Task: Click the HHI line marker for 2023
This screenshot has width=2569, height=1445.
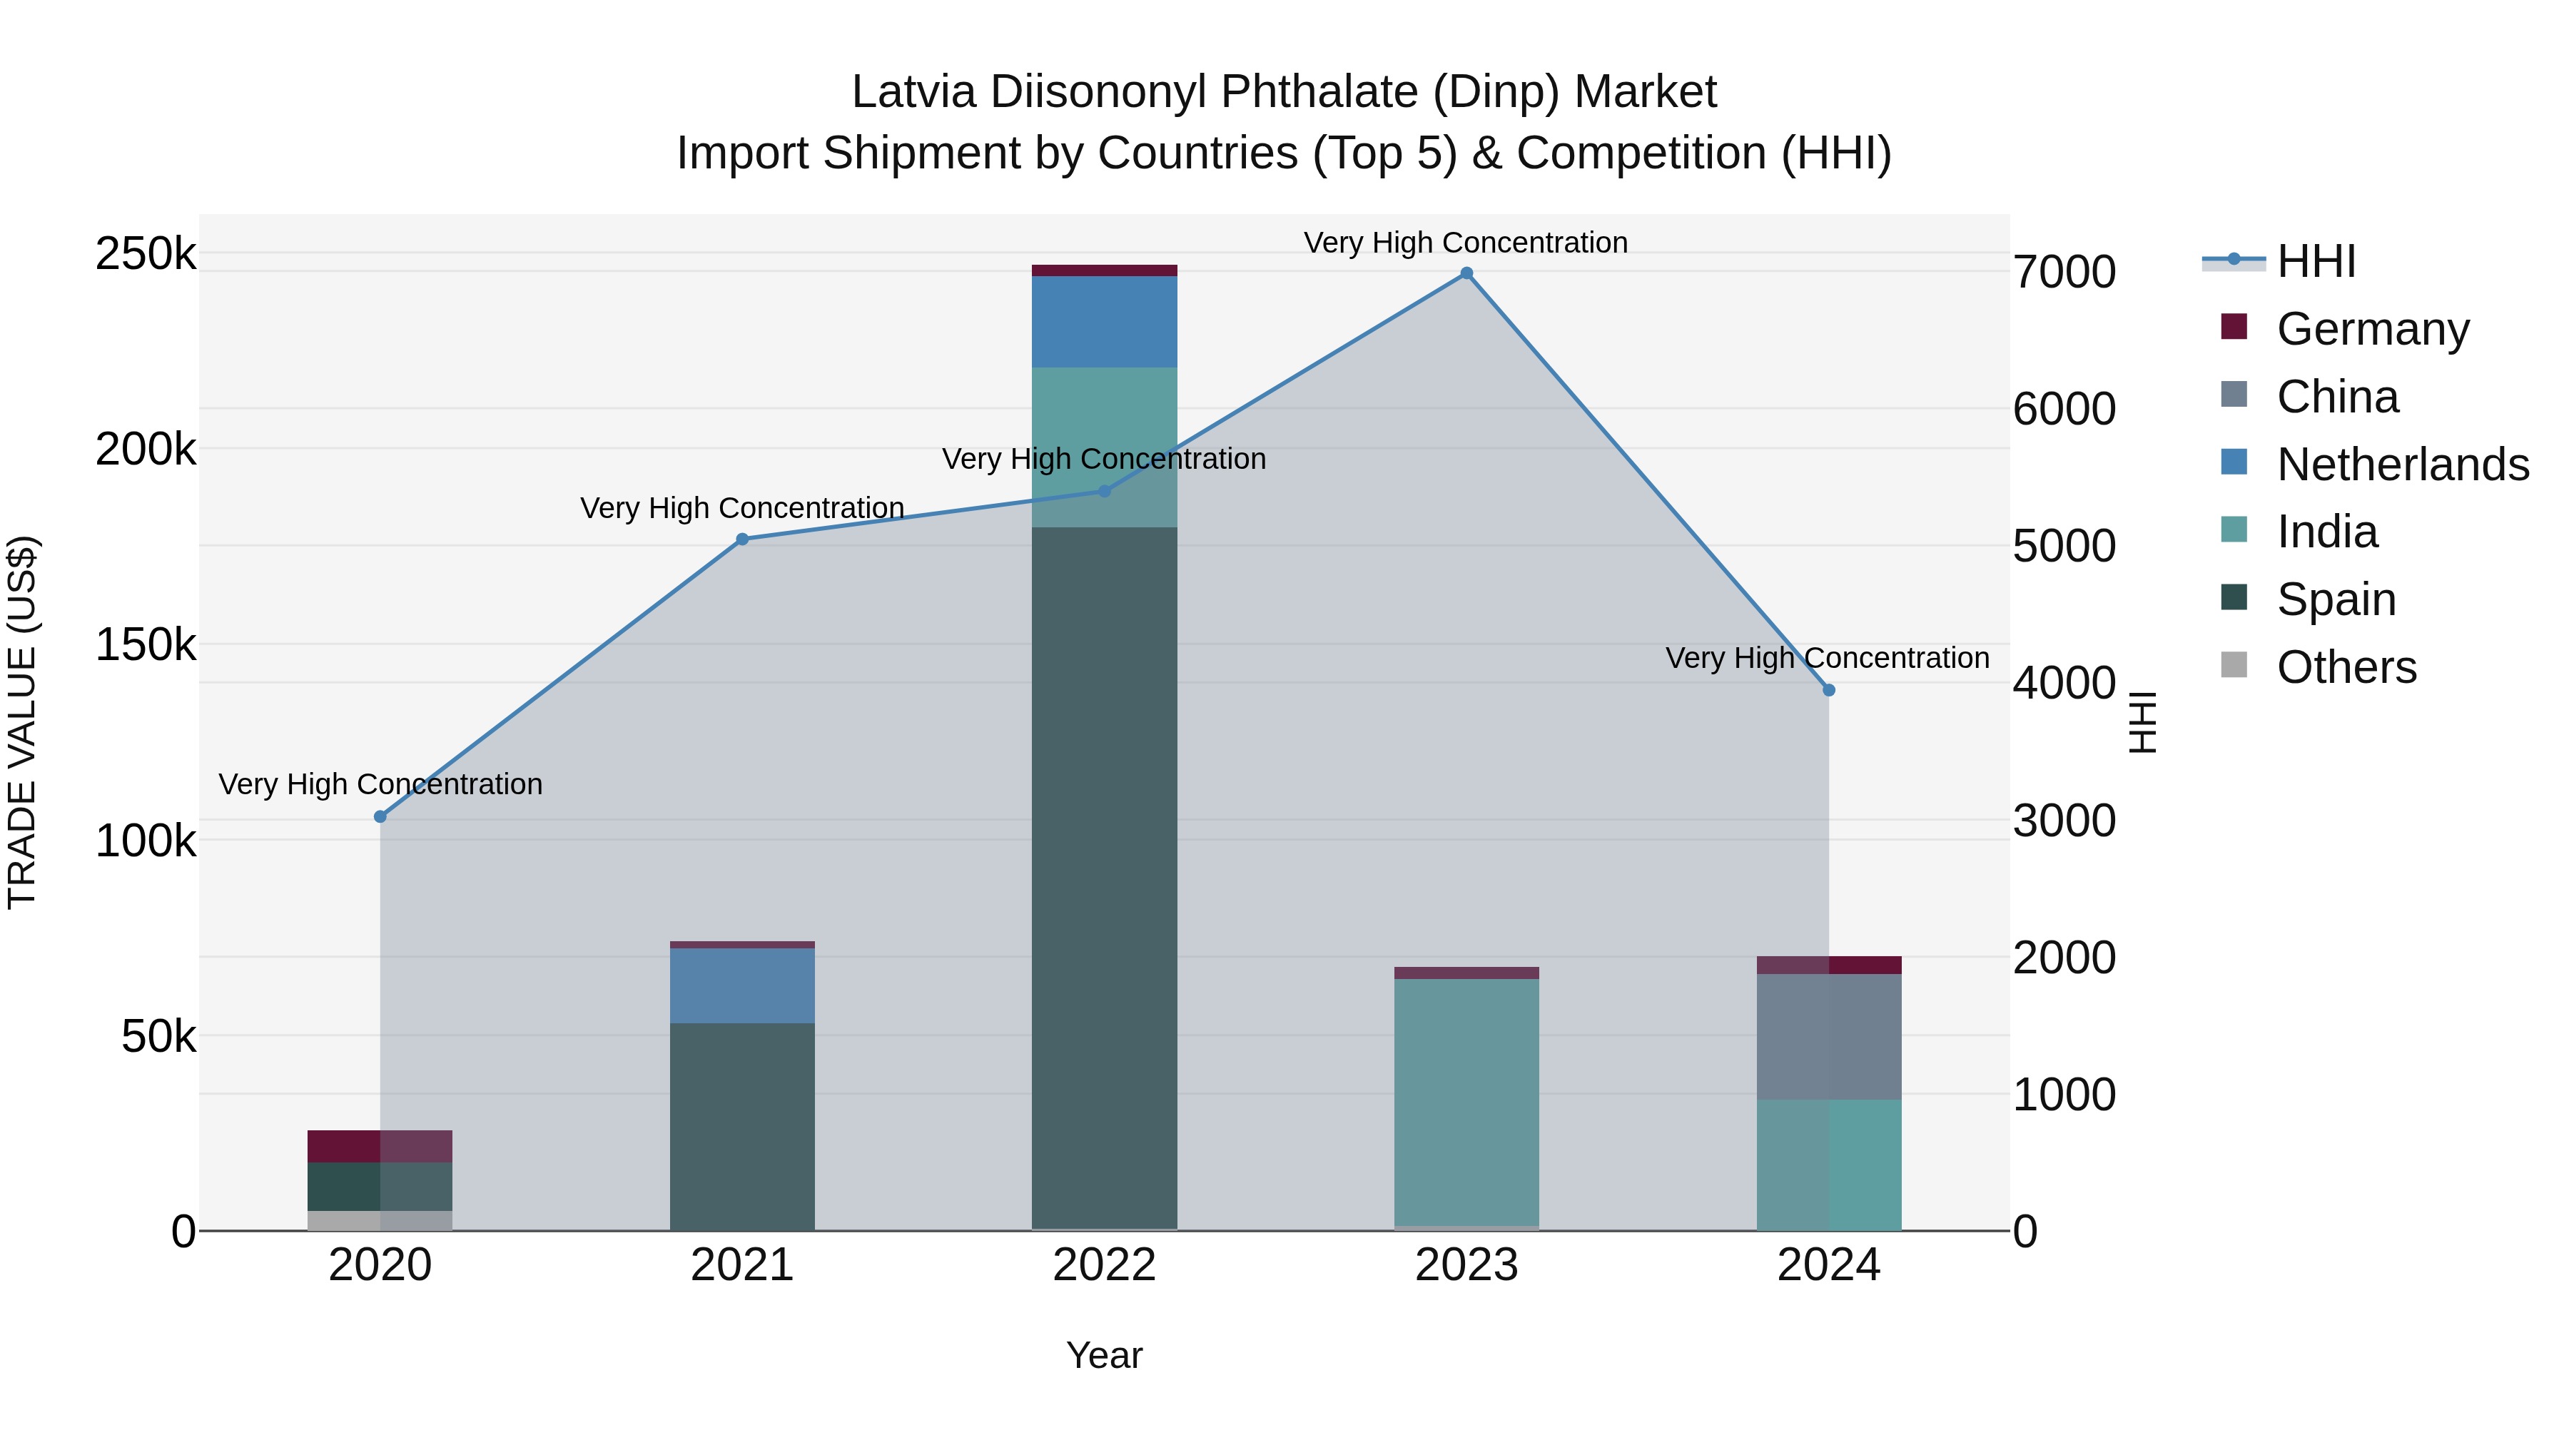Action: click(x=1466, y=273)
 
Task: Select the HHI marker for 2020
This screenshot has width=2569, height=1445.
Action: click(x=380, y=817)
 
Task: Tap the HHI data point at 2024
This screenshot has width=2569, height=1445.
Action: click(x=1828, y=690)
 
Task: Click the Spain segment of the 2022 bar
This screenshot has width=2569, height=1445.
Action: click(x=1104, y=878)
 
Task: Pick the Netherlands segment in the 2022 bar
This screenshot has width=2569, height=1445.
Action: click(x=1104, y=321)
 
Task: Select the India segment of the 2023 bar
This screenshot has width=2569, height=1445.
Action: click(x=1466, y=1102)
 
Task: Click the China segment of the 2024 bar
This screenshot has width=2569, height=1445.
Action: click(x=1828, y=1037)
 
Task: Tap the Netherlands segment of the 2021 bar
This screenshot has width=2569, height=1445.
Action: click(x=742, y=985)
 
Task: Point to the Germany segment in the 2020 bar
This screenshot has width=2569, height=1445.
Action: click(x=380, y=1146)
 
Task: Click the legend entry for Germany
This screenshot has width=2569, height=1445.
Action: click(x=2371, y=329)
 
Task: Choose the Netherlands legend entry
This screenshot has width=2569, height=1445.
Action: click(x=2401, y=465)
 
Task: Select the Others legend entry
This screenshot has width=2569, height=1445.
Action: click(x=2346, y=667)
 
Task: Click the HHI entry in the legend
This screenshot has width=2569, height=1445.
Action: click(x=2316, y=261)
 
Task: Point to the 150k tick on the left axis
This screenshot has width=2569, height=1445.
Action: click(x=146, y=645)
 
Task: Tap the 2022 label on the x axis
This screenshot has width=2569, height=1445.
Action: click(x=1104, y=1265)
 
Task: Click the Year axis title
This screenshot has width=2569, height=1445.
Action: click(x=1104, y=1355)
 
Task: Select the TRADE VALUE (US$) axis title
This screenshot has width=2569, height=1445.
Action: click(x=22, y=722)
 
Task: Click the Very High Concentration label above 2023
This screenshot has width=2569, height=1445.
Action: click(x=1465, y=243)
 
